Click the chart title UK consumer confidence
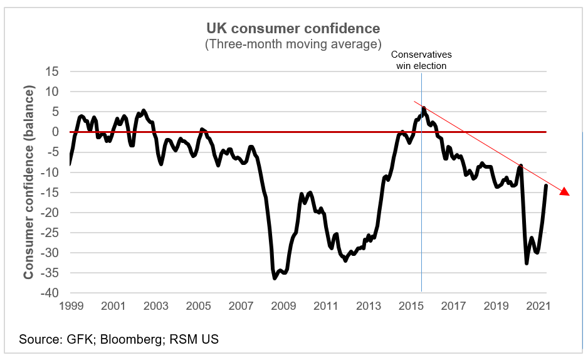[x=293, y=29]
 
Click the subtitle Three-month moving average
[x=293, y=45]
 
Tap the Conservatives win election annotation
[x=421, y=60]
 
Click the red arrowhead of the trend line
[x=565, y=192]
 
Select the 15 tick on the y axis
[x=51, y=71]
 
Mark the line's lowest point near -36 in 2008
[x=275, y=278]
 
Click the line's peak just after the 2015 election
[x=424, y=108]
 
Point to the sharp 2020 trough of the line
[x=527, y=263]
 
